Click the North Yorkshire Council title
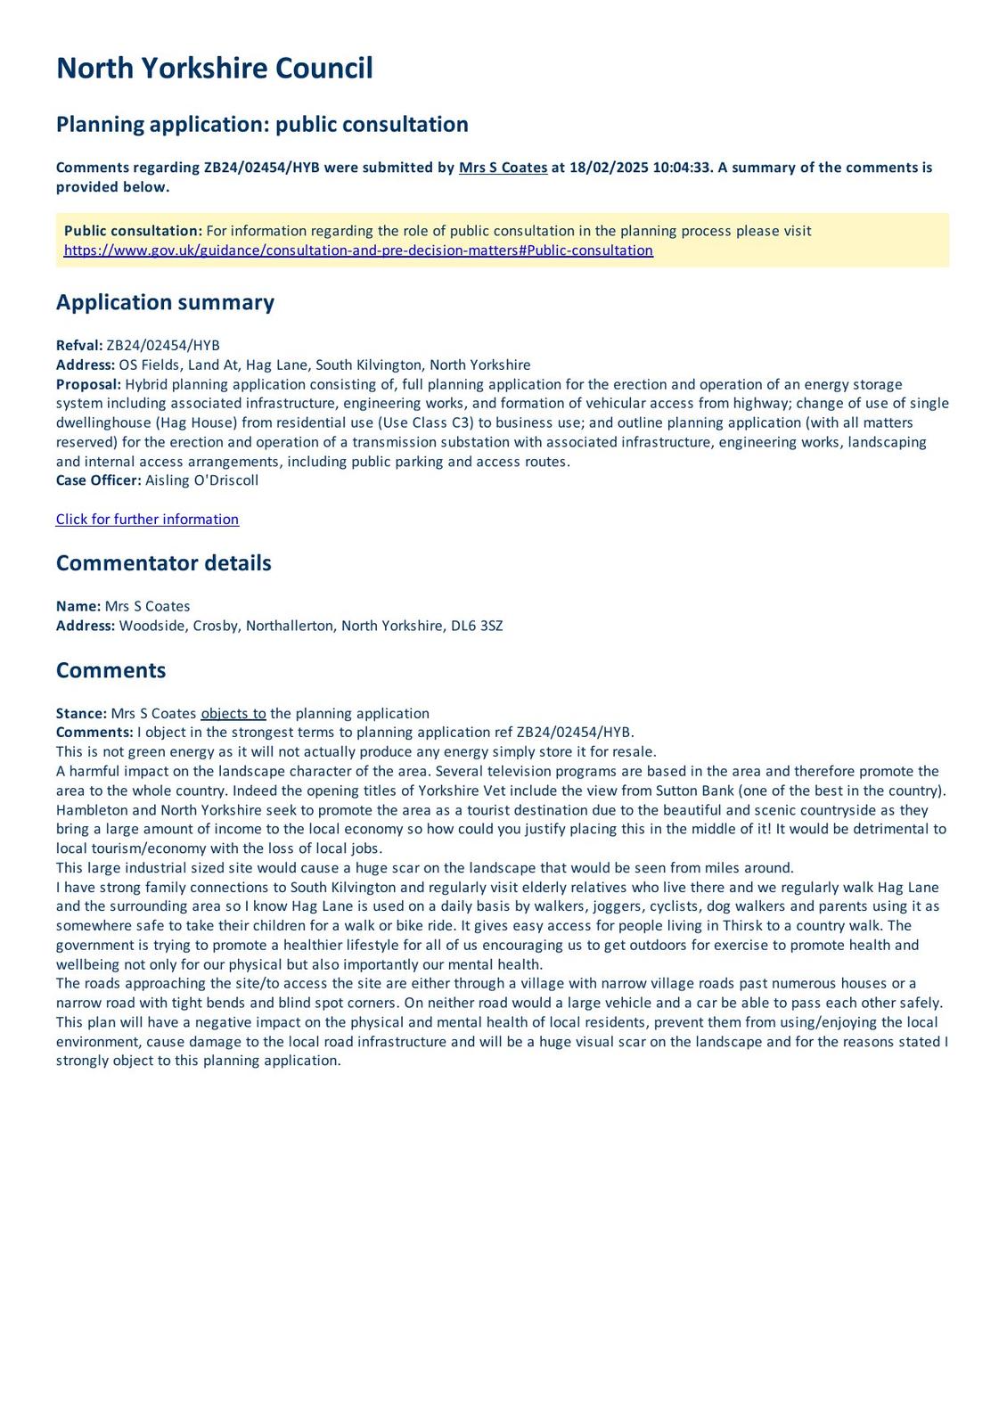coord(214,69)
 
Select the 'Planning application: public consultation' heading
coord(262,124)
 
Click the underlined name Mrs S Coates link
coord(503,168)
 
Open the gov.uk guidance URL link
coord(358,250)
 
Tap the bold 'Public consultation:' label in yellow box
coord(133,231)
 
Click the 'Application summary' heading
coord(165,302)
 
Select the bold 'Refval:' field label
coord(79,346)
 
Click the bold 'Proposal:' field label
coord(88,384)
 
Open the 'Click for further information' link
coord(147,520)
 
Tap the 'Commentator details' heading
coord(163,563)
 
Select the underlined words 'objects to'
coord(233,713)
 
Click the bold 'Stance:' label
coord(81,713)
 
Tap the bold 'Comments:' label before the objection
coord(94,733)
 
